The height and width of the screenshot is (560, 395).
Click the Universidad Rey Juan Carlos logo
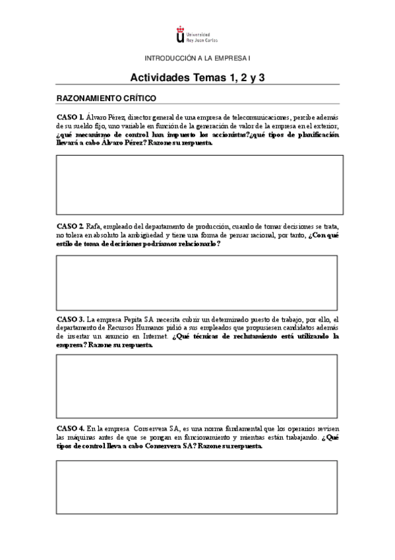[x=197, y=33]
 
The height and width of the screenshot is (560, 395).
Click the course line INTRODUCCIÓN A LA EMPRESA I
[x=197, y=58]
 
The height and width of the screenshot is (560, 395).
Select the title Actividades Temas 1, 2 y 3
[x=198, y=77]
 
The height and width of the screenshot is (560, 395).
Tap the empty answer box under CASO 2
[x=197, y=282]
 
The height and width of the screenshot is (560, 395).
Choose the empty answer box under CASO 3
[x=197, y=386]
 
